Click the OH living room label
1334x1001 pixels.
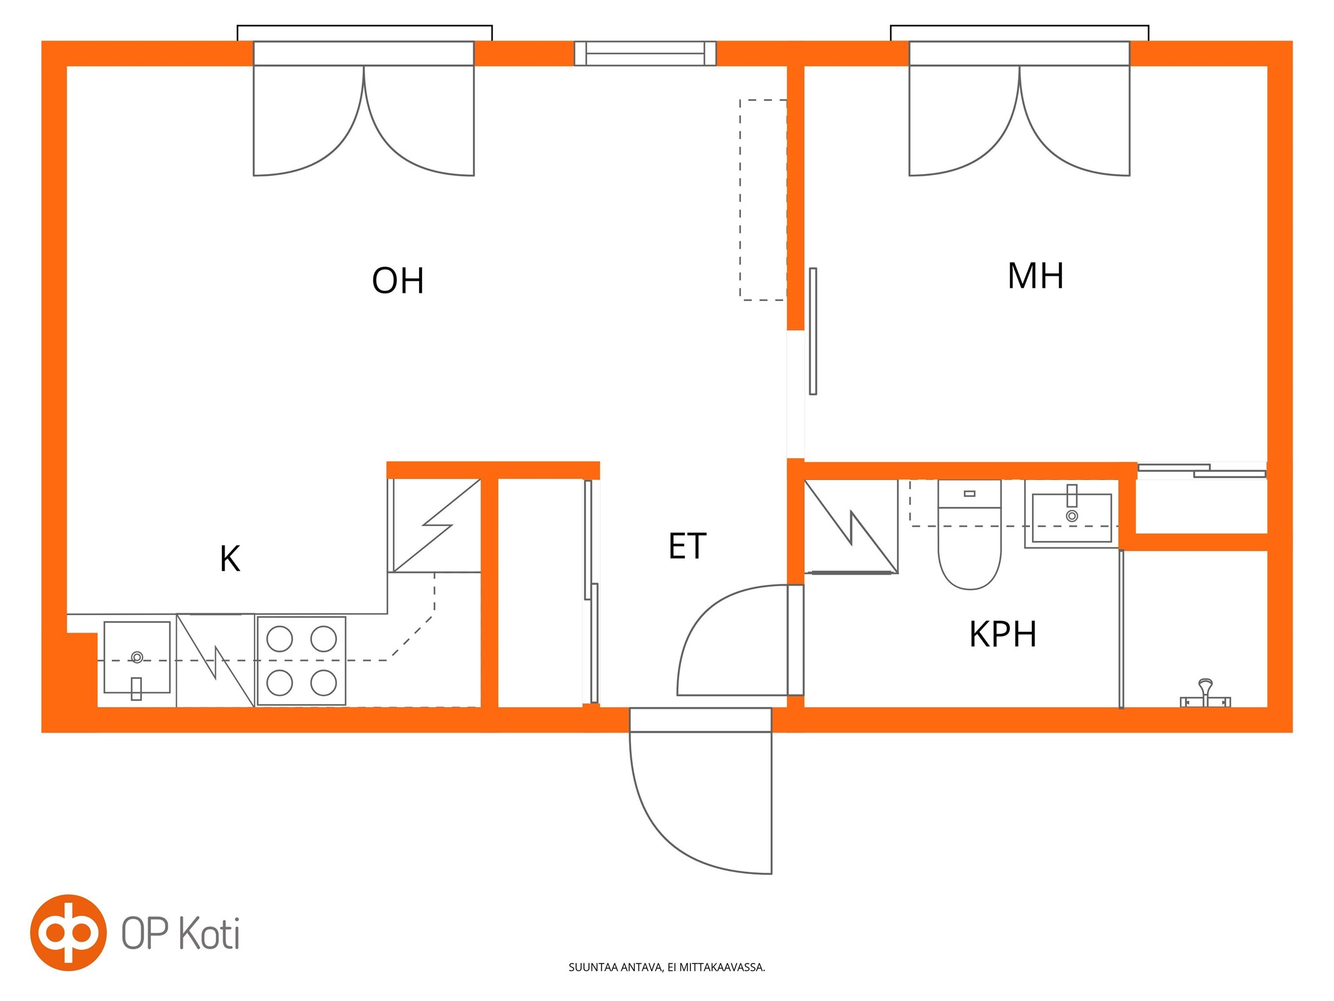tap(398, 280)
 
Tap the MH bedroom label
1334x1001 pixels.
tap(1035, 275)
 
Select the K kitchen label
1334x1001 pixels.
tap(230, 559)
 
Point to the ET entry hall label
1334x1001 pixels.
tap(687, 546)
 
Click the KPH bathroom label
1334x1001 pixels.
tap(1003, 634)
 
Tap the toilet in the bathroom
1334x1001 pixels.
tap(969, 534)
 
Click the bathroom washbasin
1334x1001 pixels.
tap(1071, 514)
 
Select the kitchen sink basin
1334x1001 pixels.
tap(137, 657)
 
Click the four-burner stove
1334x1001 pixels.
tap(301, 661)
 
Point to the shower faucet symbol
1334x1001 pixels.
tap(1205, 693)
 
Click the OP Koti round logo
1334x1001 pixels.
tap(69, 932)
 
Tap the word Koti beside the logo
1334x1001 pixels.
tap(210, 933)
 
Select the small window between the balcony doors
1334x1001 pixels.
tap(645, 53)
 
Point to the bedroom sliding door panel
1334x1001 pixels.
tap(812, 331)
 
